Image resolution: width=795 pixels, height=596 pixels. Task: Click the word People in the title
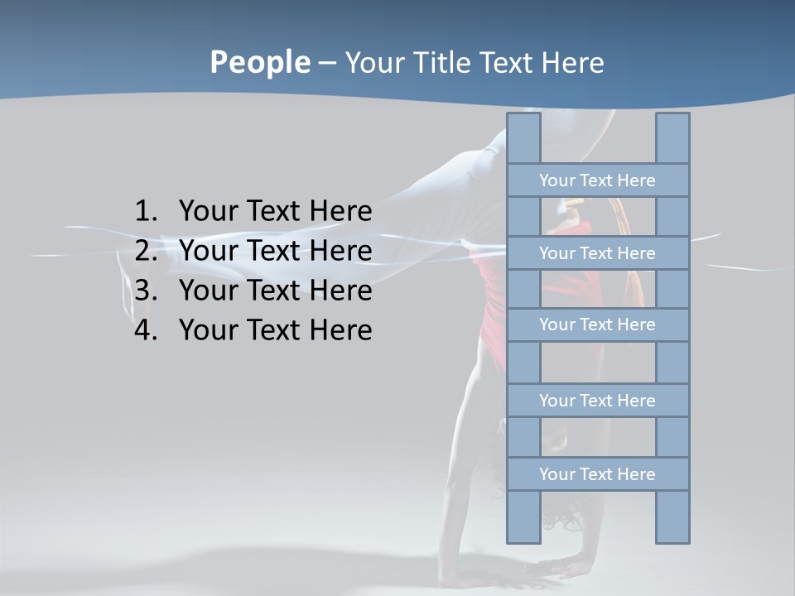click(x=258, y=62)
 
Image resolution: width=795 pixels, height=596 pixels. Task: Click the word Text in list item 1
click(x=273, y=212)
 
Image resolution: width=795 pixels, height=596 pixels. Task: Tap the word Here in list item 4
click(x=340, y=330)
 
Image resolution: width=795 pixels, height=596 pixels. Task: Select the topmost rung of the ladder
click(x=597, y=180)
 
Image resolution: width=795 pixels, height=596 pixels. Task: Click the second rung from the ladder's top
click(x=597, y=253)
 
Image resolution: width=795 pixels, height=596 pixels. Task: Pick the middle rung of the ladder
click(x=597, y=324)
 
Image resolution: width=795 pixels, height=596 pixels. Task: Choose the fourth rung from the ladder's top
click(x=597, y=401)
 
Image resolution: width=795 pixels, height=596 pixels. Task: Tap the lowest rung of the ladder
click(x=597, y=474)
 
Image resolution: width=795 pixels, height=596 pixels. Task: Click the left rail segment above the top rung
click(x=523, y=138)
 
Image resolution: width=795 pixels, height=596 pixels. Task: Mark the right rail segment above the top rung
click(x=672, y=138)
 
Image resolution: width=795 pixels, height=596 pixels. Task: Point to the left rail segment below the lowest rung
click(x=523, y=517)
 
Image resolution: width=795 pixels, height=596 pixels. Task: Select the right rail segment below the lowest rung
click(x=672, y=517)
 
